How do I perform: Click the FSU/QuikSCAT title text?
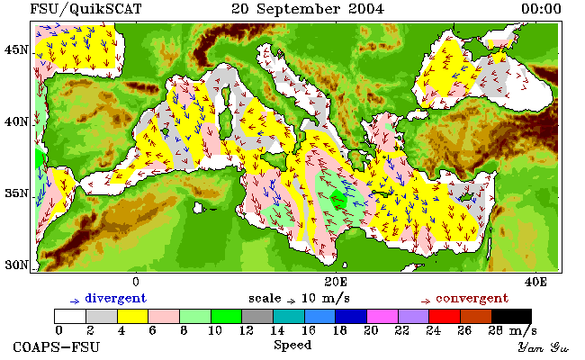[x=85, y=9]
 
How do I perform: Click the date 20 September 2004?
[x=308, y=9]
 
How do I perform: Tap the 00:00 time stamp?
[x=541, y=9]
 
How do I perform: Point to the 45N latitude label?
[x=16, y=50]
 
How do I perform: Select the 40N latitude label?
[x=16, y=122]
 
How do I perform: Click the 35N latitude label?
[x=16, y=193]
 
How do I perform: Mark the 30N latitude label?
[x=16, y=265]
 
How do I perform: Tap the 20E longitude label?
[x=336, y=282]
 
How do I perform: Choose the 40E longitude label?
[x=535, y=282]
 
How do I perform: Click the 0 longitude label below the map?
[x=136, y=282]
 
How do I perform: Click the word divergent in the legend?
[x=116, y=299]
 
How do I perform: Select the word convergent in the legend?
[x=472, y=299]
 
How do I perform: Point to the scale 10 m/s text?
[x=299, y=299]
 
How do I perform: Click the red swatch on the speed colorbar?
[x=445, y=316]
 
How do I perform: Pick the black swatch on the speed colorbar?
[x=511, y=316]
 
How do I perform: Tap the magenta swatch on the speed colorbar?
[x=382, y=316]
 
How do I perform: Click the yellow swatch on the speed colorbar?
[x=133, y=316]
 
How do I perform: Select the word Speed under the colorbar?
[x=292, y=346]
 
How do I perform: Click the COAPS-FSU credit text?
[x=57, y=347]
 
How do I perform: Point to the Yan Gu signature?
[x=543, y=348]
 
